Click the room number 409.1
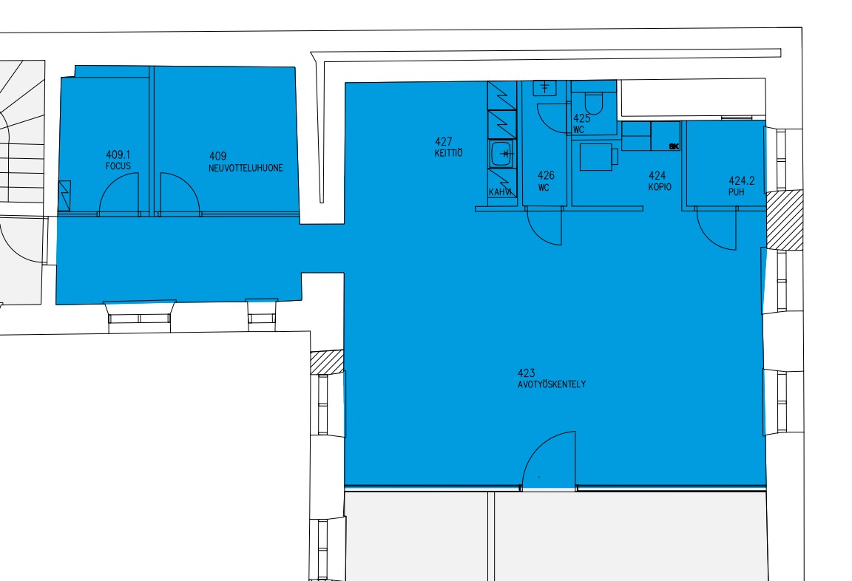click(118, 155)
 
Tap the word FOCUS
click(118, 166)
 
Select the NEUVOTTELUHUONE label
click(246, 169)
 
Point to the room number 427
click(444, 142)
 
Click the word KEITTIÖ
click(448, 153)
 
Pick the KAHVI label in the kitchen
click(500, 192)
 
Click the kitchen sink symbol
click(503, 154)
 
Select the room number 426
click(546, 175)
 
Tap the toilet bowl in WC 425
click(594, 103)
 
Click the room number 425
click(582, 118)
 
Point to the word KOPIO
click(660, 187)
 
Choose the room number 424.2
click(742, 181)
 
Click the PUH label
click(737, 192)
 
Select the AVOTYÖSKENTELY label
click(552, 384)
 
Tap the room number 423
click(526, 373)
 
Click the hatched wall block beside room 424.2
click(784, 220)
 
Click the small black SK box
click(674, 146)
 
